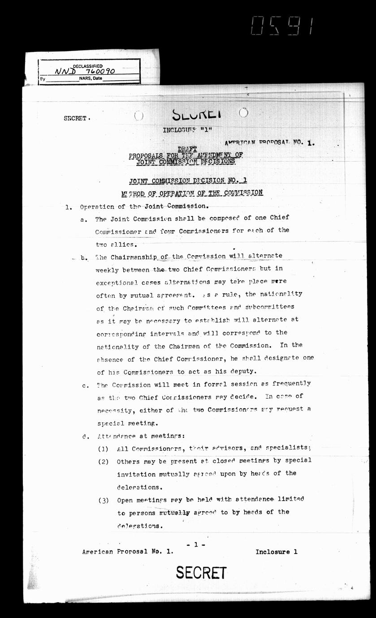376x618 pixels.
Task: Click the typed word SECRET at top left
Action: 75,118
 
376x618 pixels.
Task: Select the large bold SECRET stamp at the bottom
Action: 201,573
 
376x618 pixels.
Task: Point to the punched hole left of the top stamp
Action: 139,116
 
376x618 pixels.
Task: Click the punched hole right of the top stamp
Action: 243,112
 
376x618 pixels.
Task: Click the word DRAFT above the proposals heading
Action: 187,149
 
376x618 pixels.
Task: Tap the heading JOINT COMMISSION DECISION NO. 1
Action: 188,180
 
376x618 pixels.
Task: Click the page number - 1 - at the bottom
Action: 196,545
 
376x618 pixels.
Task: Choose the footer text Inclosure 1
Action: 276,552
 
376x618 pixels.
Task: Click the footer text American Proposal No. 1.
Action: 127,552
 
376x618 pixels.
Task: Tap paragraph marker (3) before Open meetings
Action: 104,500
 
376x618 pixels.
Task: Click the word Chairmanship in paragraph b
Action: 133,257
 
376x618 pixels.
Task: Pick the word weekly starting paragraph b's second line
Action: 108,269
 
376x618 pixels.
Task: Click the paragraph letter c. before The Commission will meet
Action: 86,385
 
